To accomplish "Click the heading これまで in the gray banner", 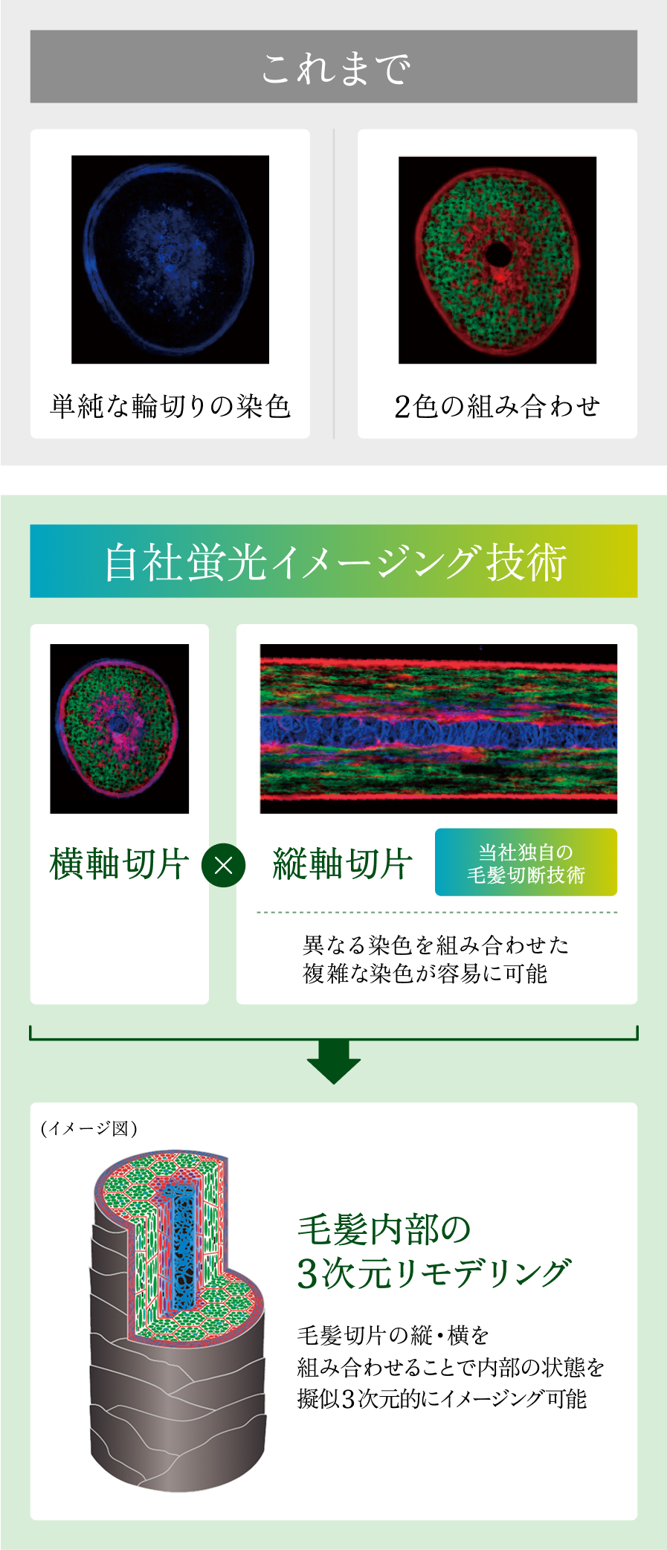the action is tap(335, 68).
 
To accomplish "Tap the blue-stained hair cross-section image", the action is tap(170, 260).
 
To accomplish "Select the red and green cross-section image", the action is tap(497, 260).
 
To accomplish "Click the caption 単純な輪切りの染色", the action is tap(170, 406).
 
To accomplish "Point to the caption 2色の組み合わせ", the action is tap(497, 406).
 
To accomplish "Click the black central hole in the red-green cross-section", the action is tap(497, 254).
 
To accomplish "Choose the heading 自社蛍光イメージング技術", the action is tap(335, 562).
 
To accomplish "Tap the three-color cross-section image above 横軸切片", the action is tap(119, 729).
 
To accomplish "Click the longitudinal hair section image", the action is tap(439, 729).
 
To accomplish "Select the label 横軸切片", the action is tap(119, 864).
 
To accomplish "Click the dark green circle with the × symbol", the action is tap(224, 865).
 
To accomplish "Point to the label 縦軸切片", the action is tap(342, 864).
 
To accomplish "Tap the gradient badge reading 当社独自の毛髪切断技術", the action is tap(526, 862).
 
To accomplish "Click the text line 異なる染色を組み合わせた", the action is tap(436, 945).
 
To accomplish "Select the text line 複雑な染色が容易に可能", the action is tap(425, 974).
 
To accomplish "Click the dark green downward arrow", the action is tap(334, 1062).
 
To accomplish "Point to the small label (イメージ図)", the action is tap(89, 1128).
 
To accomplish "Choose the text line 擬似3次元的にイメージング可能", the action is tap(442, 1399).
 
